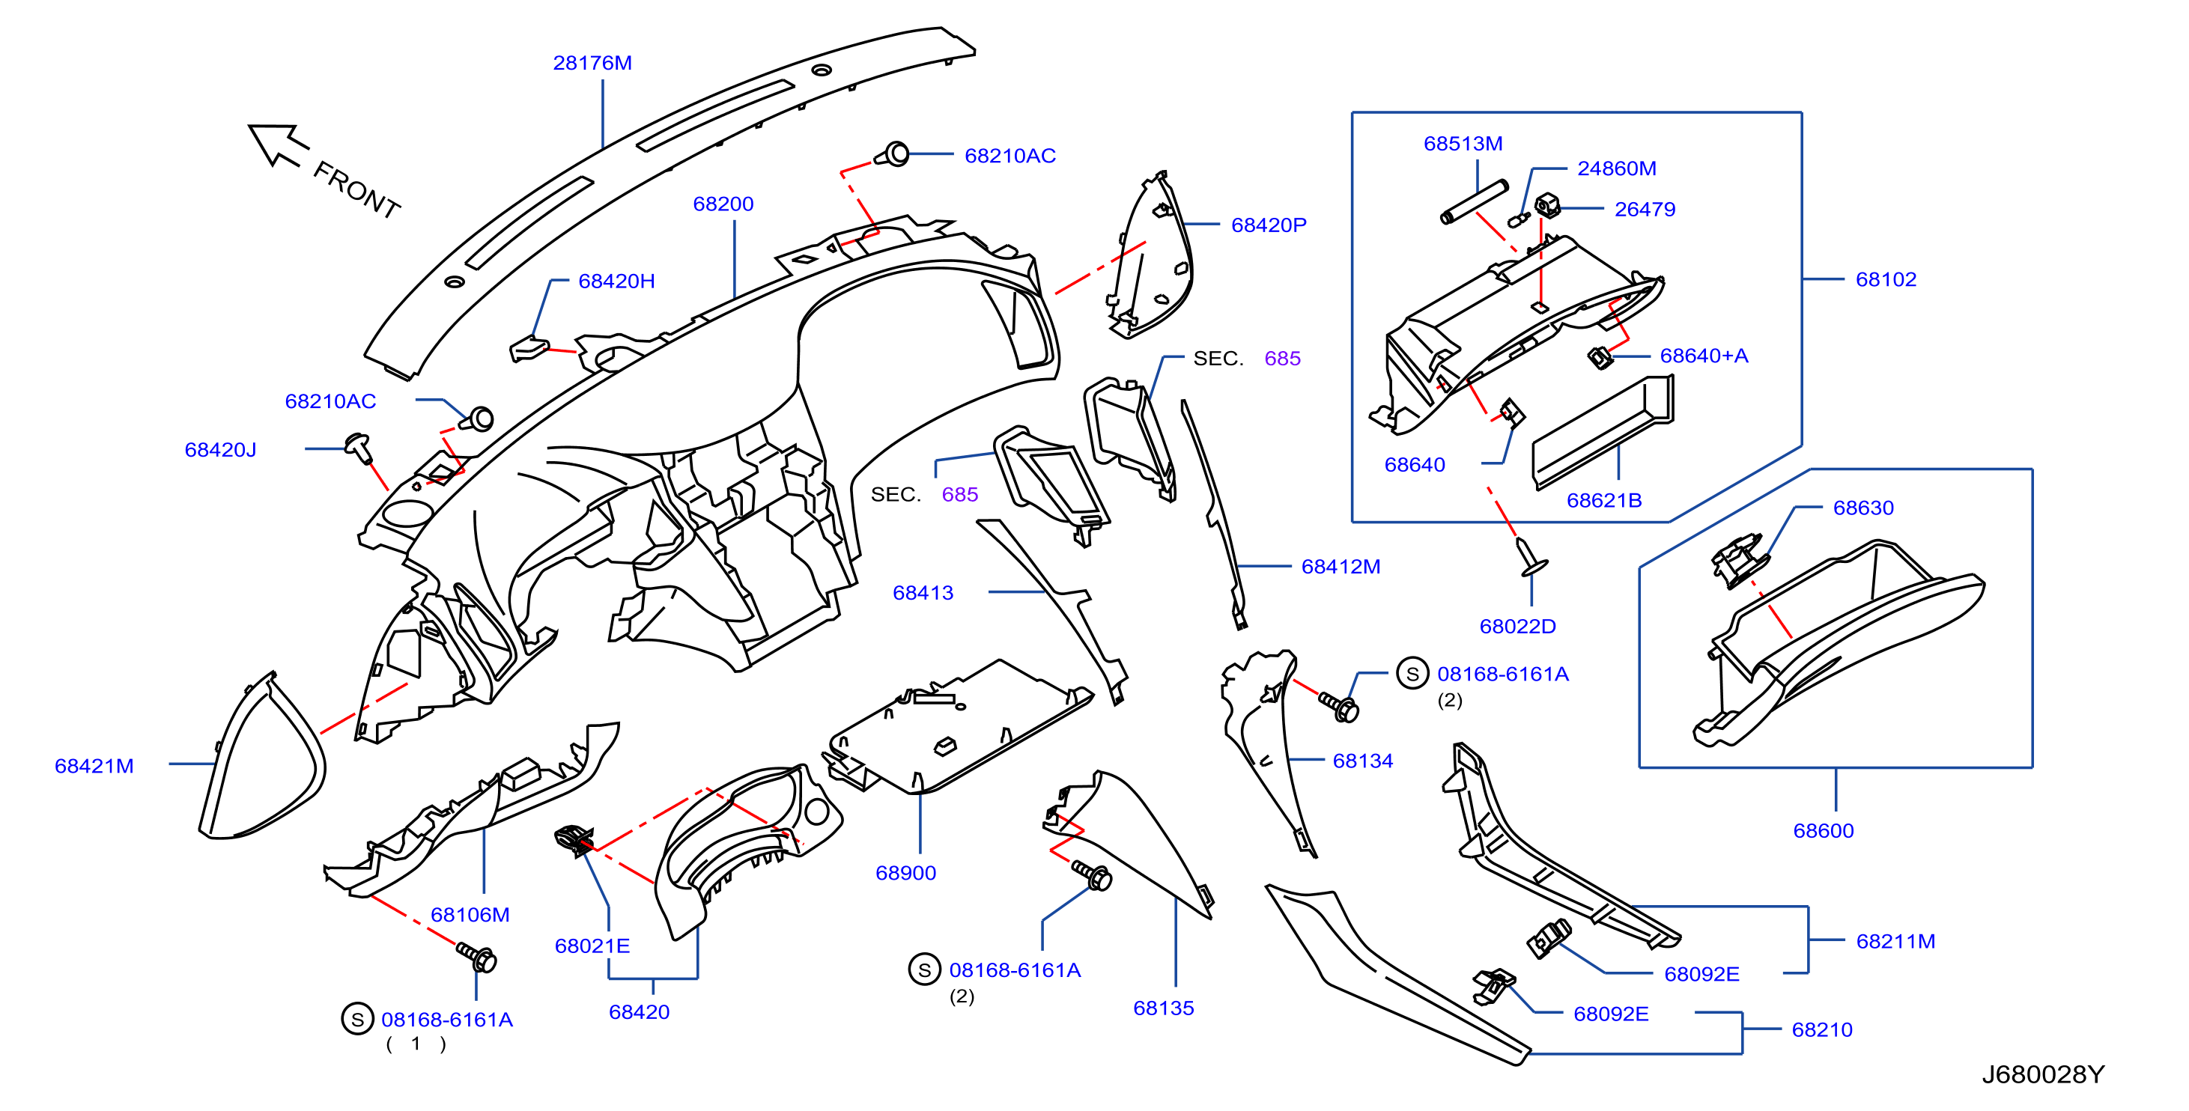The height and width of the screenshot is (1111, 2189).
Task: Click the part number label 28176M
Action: [x=592, y=63]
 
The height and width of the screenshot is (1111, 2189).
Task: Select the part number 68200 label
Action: [x=723, y=204]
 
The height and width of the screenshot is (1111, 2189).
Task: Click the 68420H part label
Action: [x=616, y=281]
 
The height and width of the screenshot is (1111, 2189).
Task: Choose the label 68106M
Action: [x=470, y=915]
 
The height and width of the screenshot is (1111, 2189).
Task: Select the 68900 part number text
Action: [x=906, y=873]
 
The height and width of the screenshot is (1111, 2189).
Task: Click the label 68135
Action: [x=1163, y=1008]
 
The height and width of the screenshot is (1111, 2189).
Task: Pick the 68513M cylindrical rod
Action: [x=1475, y=202]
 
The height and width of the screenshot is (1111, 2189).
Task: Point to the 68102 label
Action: [x=1886, y=279]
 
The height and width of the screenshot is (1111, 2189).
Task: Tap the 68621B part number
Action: [x=1604, y=500]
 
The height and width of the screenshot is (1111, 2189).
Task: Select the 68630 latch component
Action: [x=1740, y=560]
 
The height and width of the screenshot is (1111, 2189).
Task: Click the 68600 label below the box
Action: [x=1824, y=831]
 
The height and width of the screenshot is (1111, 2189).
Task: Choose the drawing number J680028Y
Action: [x=2043, y=1074]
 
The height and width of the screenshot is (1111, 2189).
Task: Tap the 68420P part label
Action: [x=1269, y=225]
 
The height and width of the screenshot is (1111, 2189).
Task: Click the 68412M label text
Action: [x=1341, y=567]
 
